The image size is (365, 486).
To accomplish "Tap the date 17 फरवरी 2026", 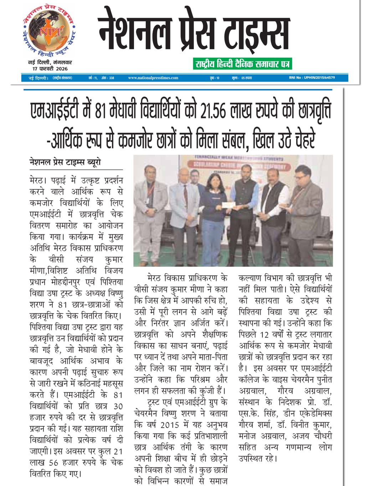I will [50, 69].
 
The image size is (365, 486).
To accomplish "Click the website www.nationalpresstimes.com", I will [153, 78].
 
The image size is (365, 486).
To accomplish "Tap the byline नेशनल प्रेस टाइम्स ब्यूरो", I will [65, 162].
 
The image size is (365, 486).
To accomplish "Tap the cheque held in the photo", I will [226, 205].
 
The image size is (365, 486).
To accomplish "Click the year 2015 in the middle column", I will [169, 424].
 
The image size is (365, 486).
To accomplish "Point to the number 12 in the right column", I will [264, 334].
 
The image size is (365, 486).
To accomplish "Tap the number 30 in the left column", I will [118, 406].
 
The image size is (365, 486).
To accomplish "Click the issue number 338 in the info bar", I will [112, 78].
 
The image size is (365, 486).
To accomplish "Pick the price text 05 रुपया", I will [246, 78].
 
